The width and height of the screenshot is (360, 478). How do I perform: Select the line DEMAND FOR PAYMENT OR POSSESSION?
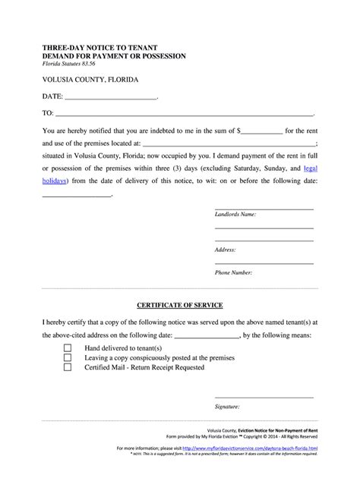(x=114, y=57)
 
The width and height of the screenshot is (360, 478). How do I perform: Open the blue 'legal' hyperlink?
(x=310, y=168)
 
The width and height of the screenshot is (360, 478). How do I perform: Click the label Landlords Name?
(x=235, y=215)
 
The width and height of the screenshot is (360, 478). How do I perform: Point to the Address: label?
(x=226, y=249)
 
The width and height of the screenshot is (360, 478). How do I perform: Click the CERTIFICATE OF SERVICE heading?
(x=179, y=306)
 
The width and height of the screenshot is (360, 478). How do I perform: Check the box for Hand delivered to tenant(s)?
(x=68, y=347)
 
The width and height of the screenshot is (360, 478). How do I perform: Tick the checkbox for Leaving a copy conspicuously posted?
(x=68, y=357)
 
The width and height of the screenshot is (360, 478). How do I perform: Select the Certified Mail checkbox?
(x=68, y=366)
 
